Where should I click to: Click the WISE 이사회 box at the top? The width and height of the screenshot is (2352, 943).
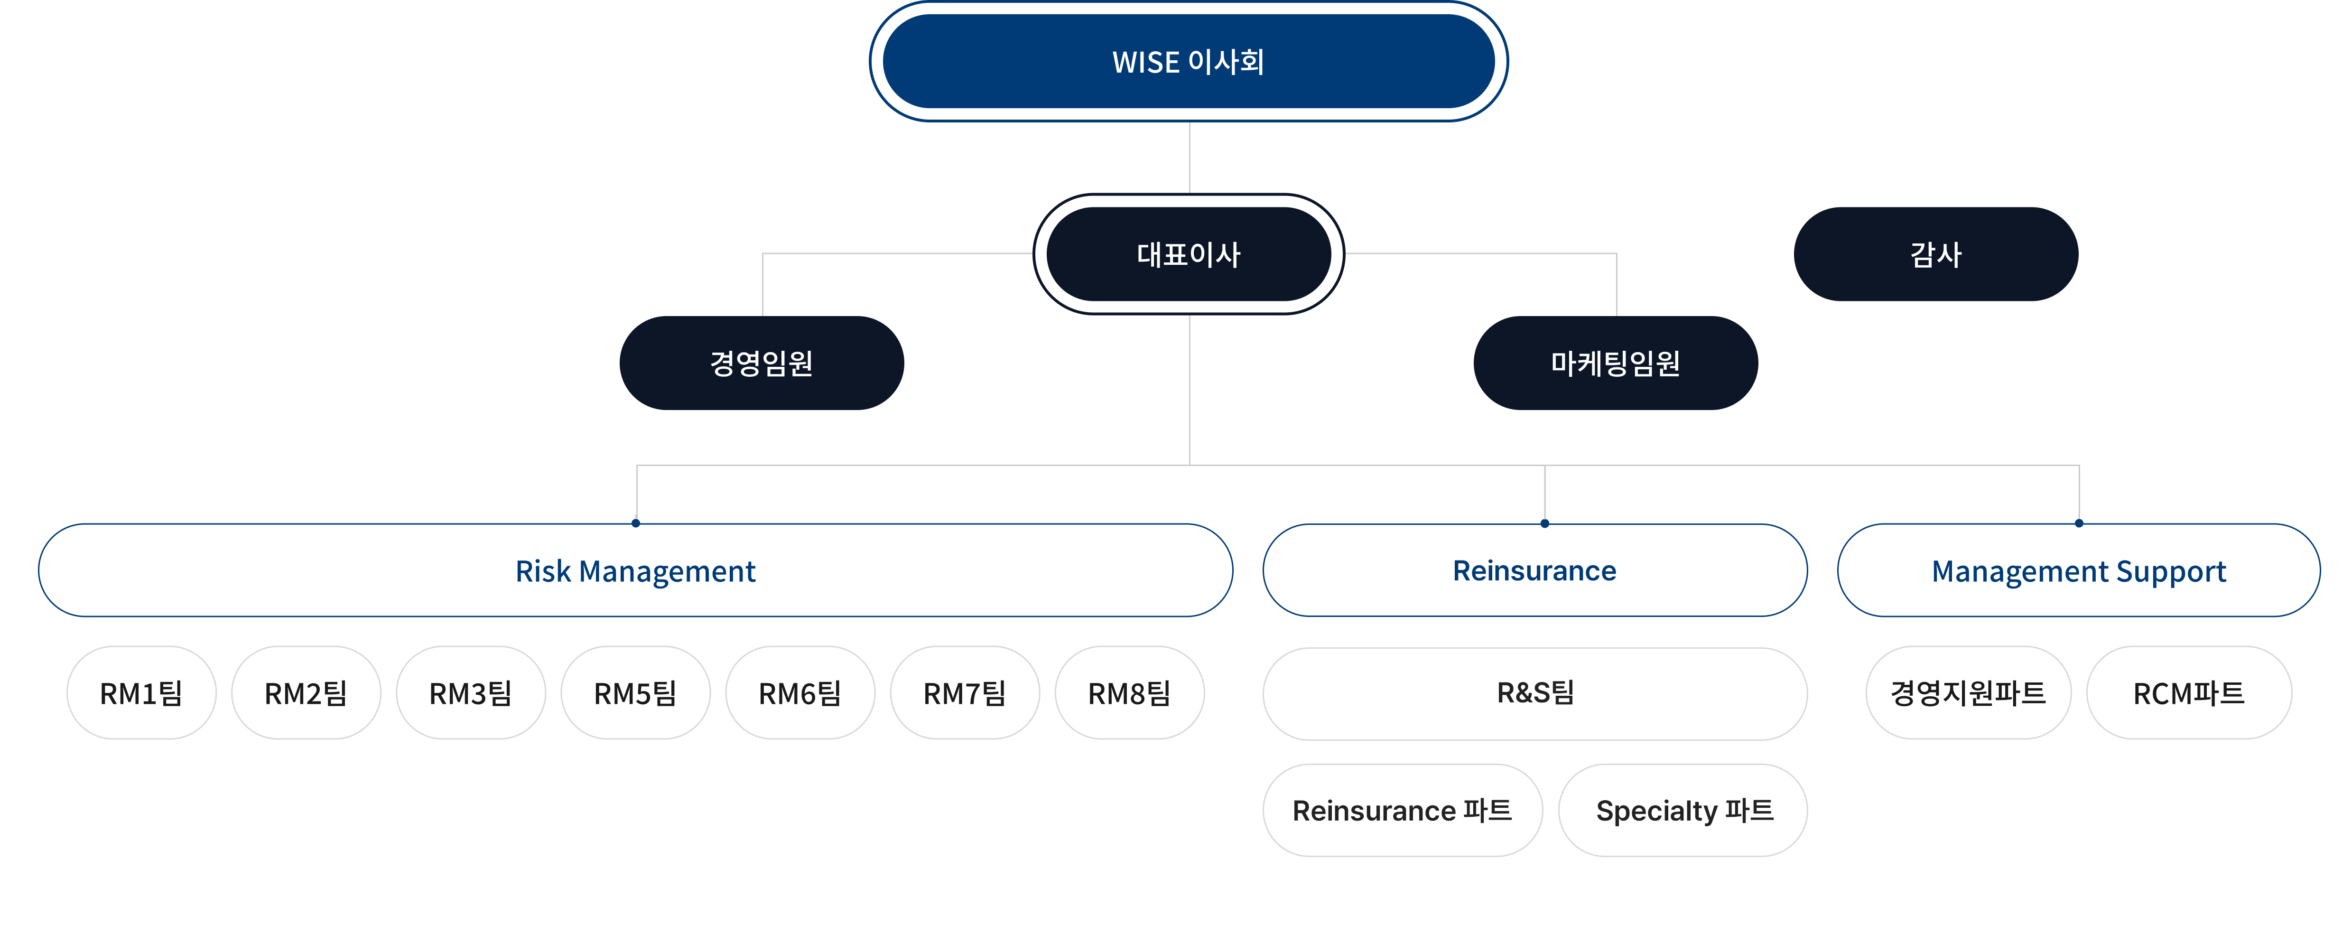(x=1188, y=62)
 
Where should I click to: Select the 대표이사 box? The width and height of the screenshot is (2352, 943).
(x=1188, y=255)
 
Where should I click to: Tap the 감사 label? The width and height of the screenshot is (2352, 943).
(x=1936, y=255)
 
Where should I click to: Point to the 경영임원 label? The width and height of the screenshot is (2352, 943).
(x=762, y=364)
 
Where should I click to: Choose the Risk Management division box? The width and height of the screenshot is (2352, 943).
(x=635, y=570)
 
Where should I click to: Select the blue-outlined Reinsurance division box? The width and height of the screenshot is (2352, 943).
(x=1535, y=570)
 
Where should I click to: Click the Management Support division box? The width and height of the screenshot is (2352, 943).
(x=2078, y=570)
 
